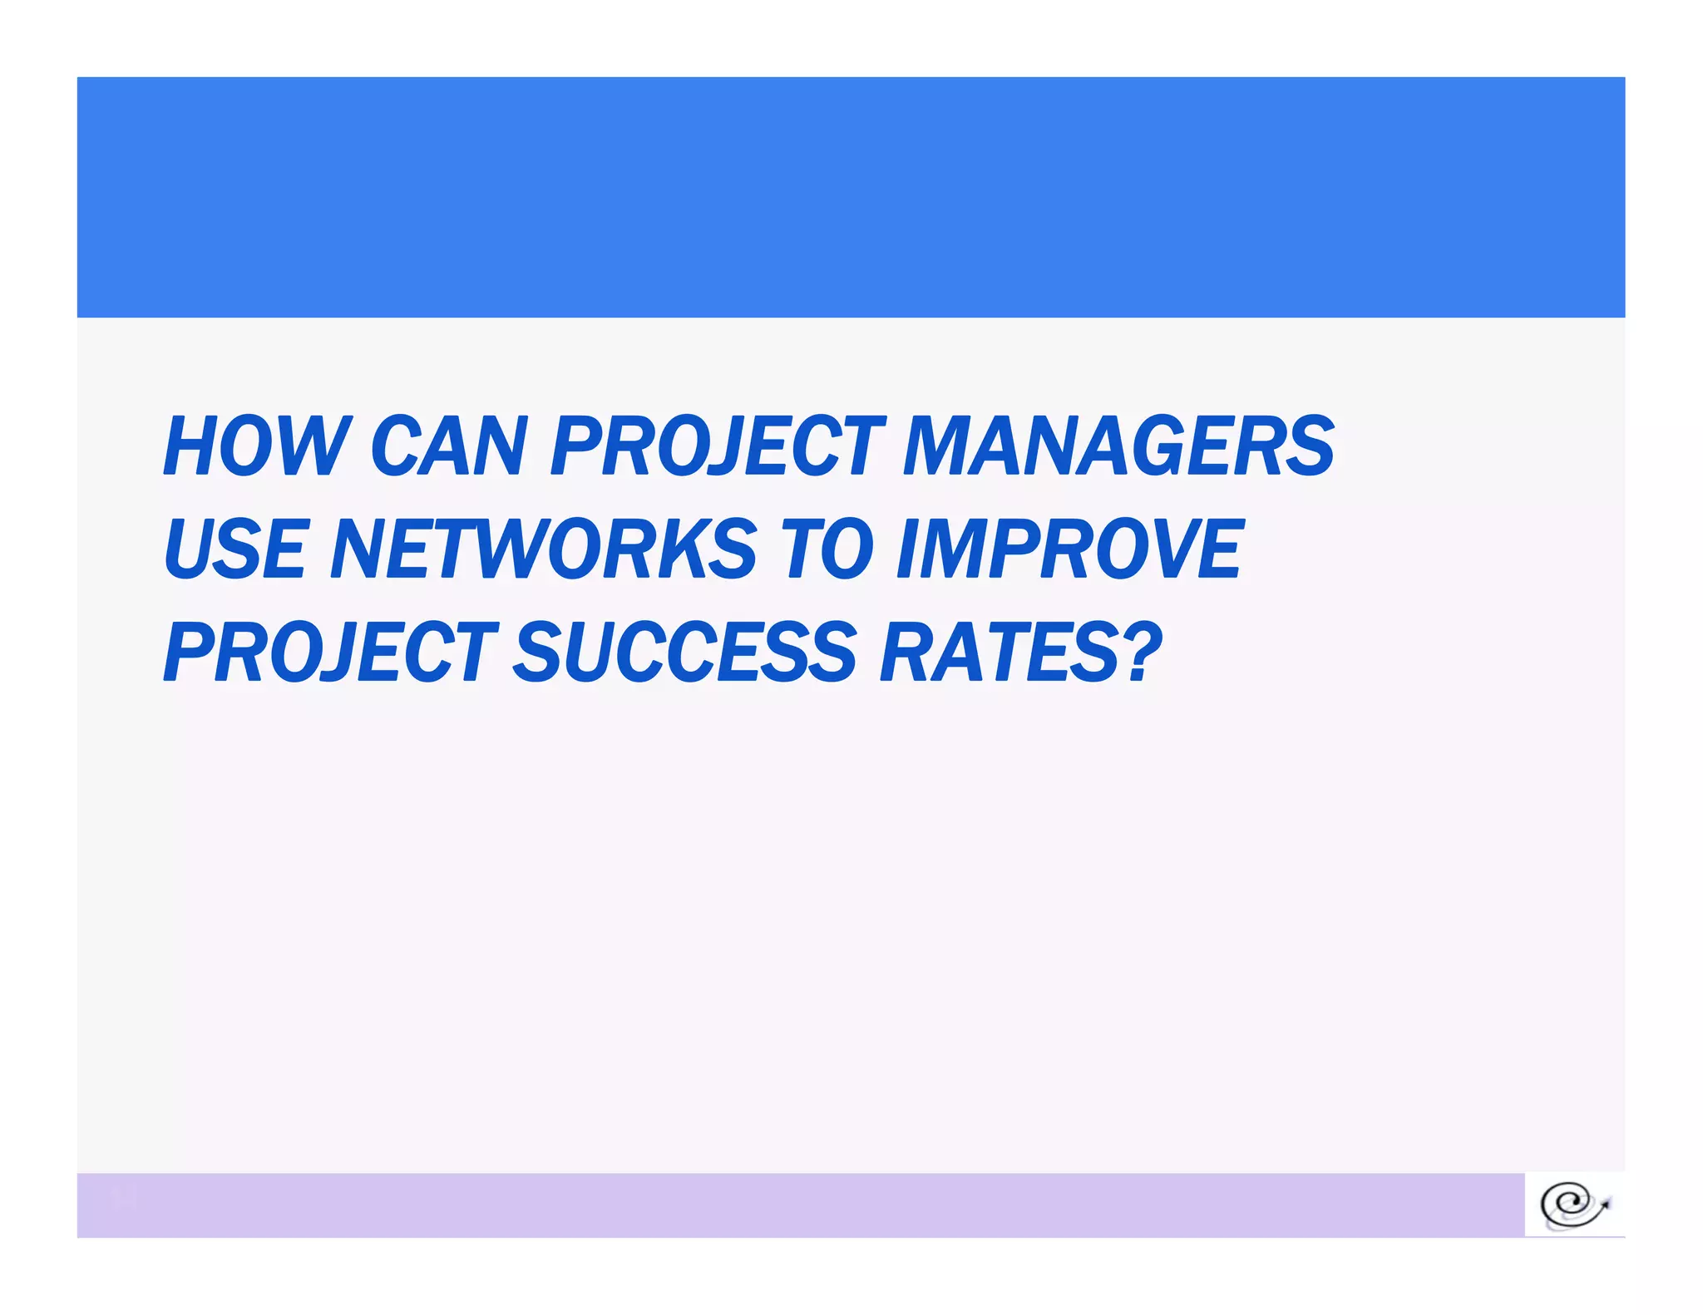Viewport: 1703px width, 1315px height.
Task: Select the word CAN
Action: (449, 446)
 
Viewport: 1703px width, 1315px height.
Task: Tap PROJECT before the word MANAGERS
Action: (718, 446)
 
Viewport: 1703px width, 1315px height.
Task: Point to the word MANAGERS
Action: (1118, 446)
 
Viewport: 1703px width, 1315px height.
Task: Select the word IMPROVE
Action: (1070, 549)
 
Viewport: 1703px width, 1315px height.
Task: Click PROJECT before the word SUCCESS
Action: (331, 652)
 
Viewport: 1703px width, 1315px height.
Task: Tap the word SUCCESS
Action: (684, 652)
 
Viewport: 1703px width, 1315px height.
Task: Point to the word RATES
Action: (998, 652)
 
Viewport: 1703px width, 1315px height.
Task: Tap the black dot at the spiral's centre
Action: (1567, 1202)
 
